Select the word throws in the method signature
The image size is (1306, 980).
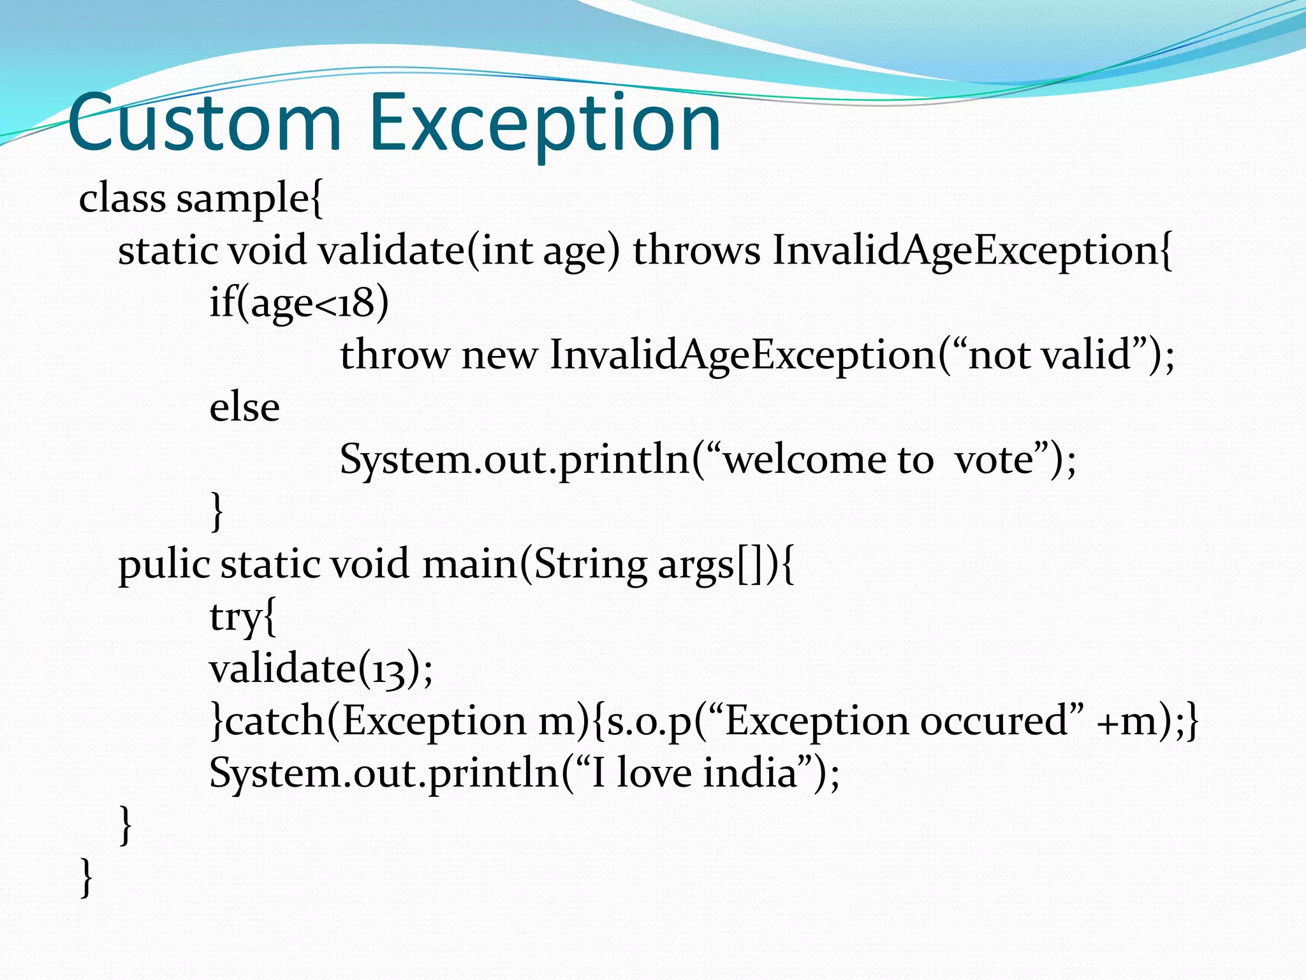(696, 250)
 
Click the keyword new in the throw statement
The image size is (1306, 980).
(499, 356)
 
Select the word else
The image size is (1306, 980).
(244, 408)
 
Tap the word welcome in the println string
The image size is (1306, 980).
(805, 459)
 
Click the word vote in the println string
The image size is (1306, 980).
(994, 459)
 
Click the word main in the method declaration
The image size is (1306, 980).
(469, 564)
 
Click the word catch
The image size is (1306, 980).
(275, 721)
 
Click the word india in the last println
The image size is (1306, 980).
(751, 773)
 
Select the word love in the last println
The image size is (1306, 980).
(654, 773)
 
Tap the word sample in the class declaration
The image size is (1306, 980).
(243, 199)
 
